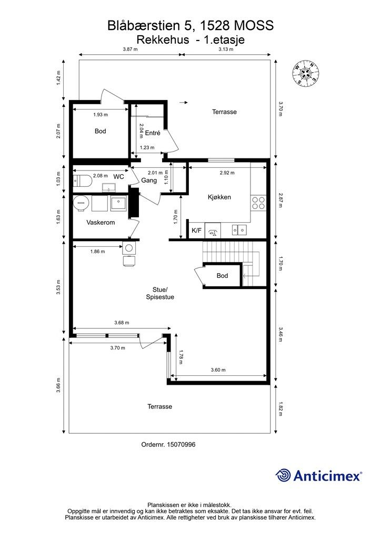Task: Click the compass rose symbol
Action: [x=306, y=73]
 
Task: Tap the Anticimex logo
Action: [x=318, y=475]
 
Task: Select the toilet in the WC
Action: [x=83, y=181]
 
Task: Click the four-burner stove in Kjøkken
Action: [x=258, y=203]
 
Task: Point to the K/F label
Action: [x=196, y=231]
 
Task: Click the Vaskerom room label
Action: [x=101, y=223]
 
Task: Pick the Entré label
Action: [x=153, y=133]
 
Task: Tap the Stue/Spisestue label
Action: [x=160, y=293]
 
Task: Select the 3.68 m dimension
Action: [x=122, y=323]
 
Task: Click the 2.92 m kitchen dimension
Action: [x=227, y=173]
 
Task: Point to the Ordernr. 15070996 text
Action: [x=168, y=444]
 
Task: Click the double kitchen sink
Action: [x=239, y=229]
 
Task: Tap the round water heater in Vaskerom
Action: [x=81, y=203]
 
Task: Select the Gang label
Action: [x=149, y=180]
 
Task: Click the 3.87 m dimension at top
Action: [x=130, y=49]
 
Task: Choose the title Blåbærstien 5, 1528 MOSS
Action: [x=190, y=25]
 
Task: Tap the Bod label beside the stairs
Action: [x=222, y=276]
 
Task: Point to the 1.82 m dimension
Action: [x=280, y=408]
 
